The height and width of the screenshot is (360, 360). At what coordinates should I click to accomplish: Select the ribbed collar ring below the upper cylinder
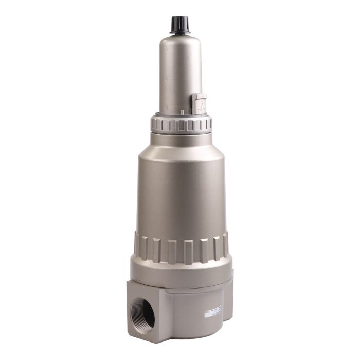pyautogui.click(x=181, y=124)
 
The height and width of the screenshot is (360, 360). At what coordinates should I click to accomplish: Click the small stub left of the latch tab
pyautogui.click(x=182, y=110)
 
